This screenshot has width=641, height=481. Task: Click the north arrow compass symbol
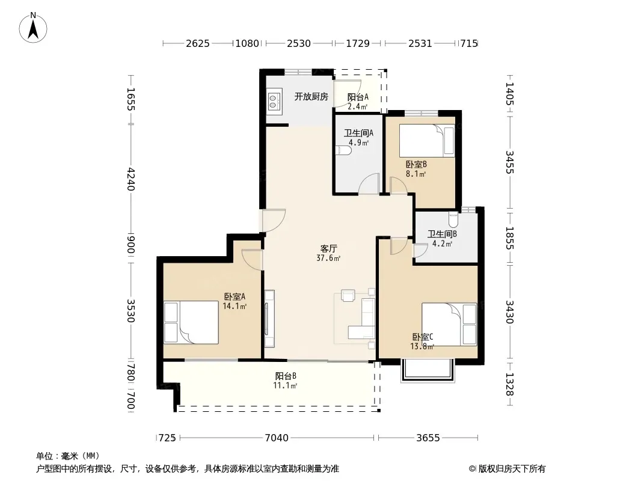click(x=33, y=28)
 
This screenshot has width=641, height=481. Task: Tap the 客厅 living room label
click(x=328, y=248)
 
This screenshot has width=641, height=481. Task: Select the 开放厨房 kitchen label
click(x=311, y=97)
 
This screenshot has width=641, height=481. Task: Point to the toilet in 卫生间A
click(x=343, y=151)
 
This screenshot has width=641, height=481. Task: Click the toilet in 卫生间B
click(x=453, y=220)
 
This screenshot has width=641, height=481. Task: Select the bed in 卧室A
click(x=191, y=322)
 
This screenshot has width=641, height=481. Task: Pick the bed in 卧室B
click(x=427, y=140)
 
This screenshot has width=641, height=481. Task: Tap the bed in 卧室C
click(x=449, y=325)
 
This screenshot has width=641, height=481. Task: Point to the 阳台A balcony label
click(x=358, y=97)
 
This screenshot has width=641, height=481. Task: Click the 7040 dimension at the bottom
click(x=277, y=438)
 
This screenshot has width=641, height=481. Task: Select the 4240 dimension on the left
click(x=130, y=179)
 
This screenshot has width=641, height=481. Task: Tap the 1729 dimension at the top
click(x=358, y=43)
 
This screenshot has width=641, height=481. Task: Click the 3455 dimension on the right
click(x=509, y=162)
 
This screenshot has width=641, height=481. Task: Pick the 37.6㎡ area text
click(x=328, y=259)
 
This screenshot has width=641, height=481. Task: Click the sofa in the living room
click(x=362, y=319)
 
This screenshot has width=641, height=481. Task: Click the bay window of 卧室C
click(x=428, y=370)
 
